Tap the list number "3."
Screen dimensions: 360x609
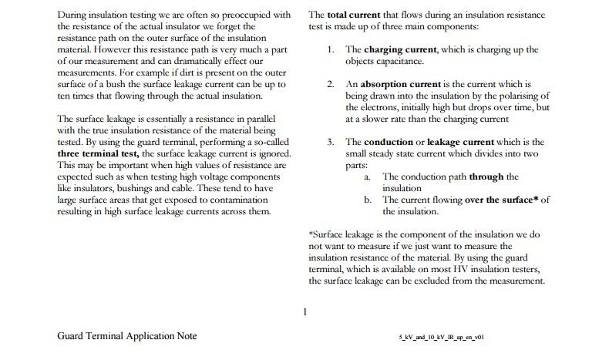click(329, 142)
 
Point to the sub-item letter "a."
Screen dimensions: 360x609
click(368, 177)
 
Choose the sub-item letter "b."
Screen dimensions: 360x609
click(368, 200)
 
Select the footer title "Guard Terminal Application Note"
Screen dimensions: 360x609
click(127, 336)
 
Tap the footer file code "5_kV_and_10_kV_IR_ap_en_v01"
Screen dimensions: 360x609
click(441, 337)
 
